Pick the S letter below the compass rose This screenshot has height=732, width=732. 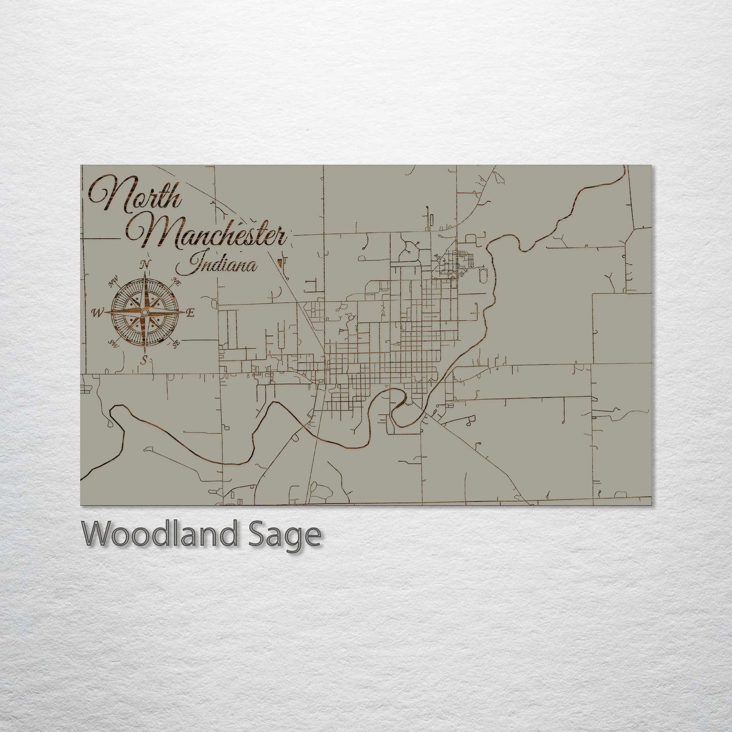[x=145, y=360]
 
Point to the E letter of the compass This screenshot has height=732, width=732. [x=190, y=313]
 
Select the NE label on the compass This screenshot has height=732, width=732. [x=177, y=282]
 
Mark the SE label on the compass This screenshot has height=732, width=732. [x=176, y=344]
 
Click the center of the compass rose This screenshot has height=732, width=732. [x=145, y=313]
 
